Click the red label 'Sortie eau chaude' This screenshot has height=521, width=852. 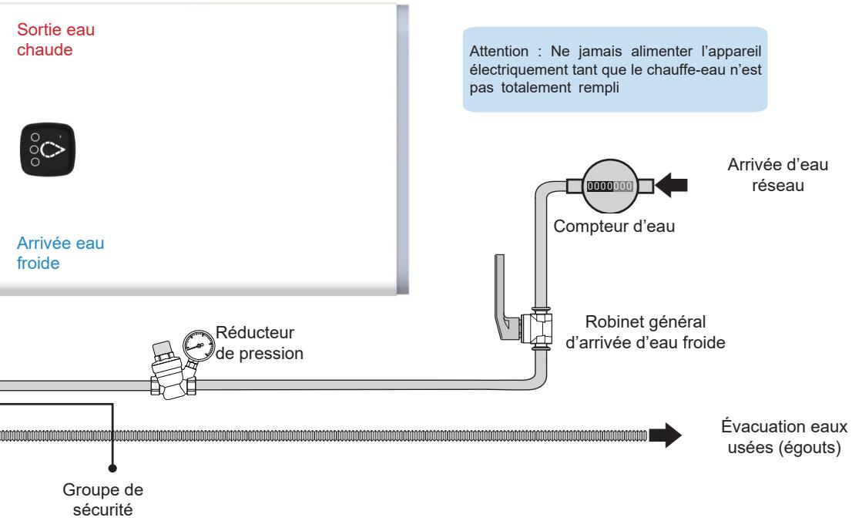pos(55,39)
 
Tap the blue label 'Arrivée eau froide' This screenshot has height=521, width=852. pos(60,253)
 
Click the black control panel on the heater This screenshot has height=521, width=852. pos(48,150)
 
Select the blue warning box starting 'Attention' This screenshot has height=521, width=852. pos(615,69)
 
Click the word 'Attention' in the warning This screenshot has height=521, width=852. pos(499,51)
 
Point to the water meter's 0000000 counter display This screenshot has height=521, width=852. pos(609,186)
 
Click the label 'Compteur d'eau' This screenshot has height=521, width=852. pos(614,226)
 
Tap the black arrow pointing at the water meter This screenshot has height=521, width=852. pos(672,185)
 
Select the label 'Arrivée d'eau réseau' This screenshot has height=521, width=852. pos(777,175)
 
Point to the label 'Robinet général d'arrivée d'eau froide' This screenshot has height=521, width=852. pos(645,331)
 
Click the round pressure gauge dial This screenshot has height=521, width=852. pos(198,345)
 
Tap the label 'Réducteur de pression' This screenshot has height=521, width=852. pos(259,343)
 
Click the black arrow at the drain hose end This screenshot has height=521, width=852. pos(665,435)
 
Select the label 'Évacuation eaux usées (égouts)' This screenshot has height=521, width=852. pos(784,437)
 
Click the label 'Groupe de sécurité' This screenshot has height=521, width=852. pos(102,499)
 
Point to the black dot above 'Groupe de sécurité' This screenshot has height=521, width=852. pos(112,468)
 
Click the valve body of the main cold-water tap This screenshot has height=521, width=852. pos(537,328)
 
